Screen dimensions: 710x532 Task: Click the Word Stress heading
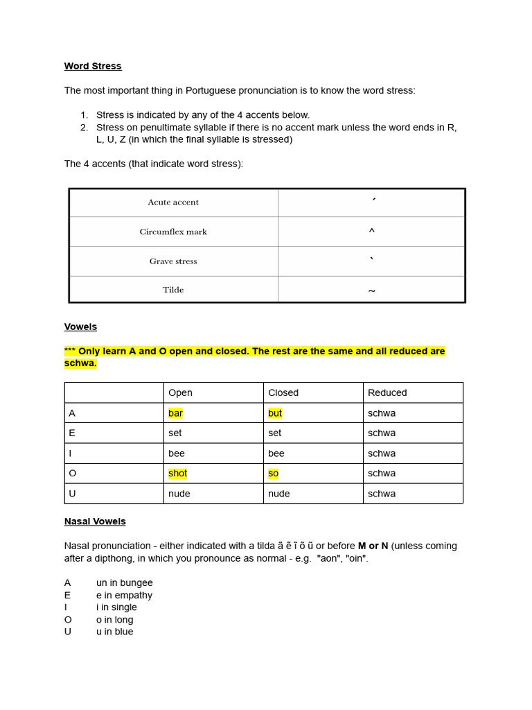pos(93,66)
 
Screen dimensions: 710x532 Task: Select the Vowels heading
pos(80,327)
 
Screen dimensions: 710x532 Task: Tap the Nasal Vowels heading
pos(95,521)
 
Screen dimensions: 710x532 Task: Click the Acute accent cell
pos(173,202)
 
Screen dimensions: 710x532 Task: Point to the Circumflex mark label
pos(173,232)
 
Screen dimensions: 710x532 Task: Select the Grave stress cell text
pos(173,261)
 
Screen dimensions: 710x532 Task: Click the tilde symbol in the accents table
pos(371,291)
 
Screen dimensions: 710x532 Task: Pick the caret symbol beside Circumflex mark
pos(371,232)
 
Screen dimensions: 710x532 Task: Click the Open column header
pos(180,392)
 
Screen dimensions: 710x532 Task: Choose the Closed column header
pos(283,392)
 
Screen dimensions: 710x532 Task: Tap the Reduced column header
pos(387,392)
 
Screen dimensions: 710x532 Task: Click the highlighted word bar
pos(175,413)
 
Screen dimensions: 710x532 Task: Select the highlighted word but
pos(275,413)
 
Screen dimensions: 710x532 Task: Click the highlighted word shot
pos(177,473)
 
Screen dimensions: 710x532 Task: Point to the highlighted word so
pos(273,473)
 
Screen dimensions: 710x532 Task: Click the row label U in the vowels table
pos(72,494)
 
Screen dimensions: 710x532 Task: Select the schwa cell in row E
pos(382,433)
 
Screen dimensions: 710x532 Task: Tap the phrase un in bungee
pos(125,583)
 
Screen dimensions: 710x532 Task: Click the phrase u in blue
pos(115,632)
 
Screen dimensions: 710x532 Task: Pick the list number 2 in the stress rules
pos(84,128)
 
